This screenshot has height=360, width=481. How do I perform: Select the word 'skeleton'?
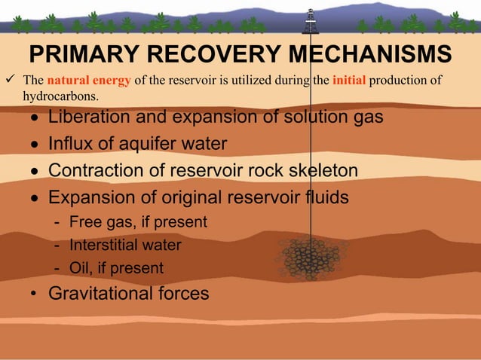pos(323,171)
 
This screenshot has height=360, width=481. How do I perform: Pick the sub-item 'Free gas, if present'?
pos(138,222)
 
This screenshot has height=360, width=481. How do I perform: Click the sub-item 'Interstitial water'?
pos(125,245)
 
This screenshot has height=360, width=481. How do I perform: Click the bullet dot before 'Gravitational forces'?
pos(35,294)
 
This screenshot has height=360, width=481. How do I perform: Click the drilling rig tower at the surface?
pos(310,21)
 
